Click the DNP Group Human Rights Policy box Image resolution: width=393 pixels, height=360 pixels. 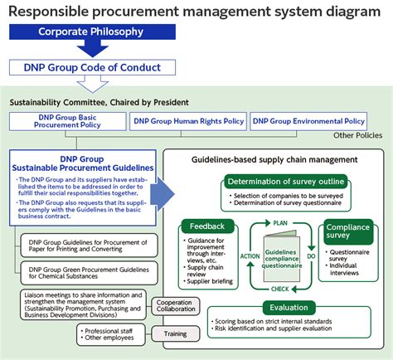[x=187, y=121]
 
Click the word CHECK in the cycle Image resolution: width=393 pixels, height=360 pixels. [x=279, y=289]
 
